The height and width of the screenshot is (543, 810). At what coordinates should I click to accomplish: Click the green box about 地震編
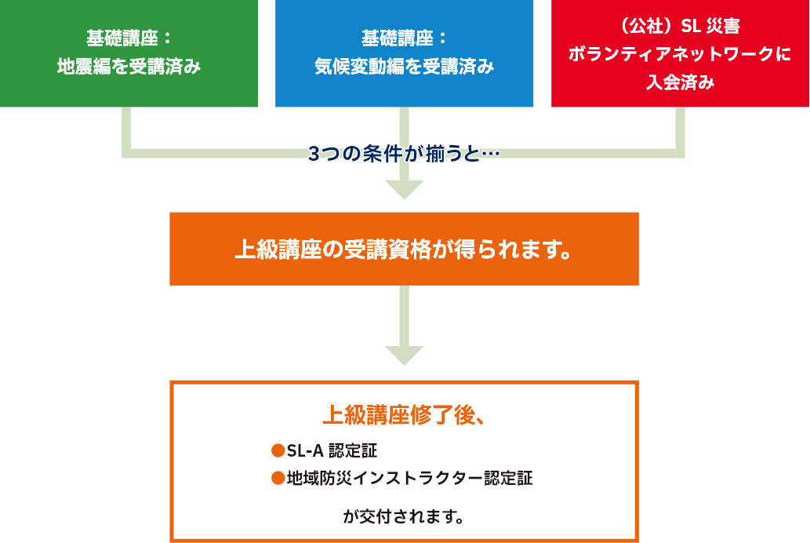click(129, 53)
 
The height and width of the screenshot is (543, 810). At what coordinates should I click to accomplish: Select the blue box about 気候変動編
click(404, 53)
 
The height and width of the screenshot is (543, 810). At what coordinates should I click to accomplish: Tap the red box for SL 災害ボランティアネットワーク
click(680, 53)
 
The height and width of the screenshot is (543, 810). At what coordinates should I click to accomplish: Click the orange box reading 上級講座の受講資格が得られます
click(404, 249)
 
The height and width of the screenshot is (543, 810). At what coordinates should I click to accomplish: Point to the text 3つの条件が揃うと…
click(404, 154)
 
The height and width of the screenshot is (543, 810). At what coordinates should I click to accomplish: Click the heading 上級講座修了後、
click(404, 414)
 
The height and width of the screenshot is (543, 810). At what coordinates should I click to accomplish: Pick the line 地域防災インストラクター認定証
click(409, 478)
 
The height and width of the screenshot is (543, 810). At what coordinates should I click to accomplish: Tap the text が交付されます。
click(404, 517)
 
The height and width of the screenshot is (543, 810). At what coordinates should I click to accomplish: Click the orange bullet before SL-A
click(277, 450)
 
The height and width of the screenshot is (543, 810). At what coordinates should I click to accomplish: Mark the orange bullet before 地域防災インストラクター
click(277, 477)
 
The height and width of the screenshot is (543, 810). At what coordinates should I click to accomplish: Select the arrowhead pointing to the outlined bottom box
click(404, 355)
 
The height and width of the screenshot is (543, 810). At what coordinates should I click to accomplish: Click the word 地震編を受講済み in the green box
click(129, 67)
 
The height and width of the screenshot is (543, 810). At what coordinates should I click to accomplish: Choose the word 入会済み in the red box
click(680, 82)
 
